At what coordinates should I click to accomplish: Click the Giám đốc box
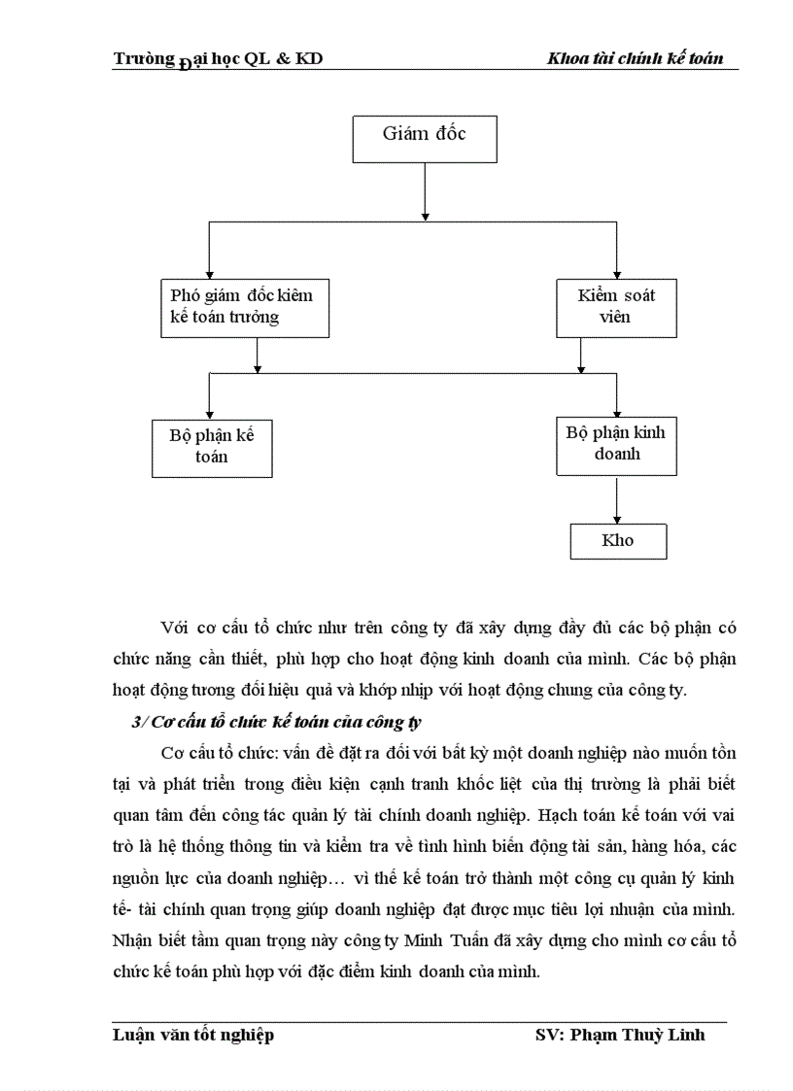click(x=424, y=138)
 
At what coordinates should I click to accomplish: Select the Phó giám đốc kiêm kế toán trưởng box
click(x=243, y=307)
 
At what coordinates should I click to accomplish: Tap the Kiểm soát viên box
click(x=616, y=307)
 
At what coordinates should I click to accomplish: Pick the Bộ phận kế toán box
click(x=212, y=447)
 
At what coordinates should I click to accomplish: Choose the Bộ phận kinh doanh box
click(x=616, y=444)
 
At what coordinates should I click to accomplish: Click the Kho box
click(x=617, y=541)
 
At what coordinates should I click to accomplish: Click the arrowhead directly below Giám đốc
click(x=425, y=216)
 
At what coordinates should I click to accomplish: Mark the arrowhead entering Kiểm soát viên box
click(x=617, y=273)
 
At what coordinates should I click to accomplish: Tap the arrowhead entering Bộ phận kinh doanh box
click(x=617, y=410)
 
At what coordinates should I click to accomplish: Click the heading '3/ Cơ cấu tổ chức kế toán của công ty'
click(x=276, y=723)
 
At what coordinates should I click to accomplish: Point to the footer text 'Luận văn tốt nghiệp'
click(x=193, y=1034)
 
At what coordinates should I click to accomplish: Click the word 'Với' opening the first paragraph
click(x=176, y=627)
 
